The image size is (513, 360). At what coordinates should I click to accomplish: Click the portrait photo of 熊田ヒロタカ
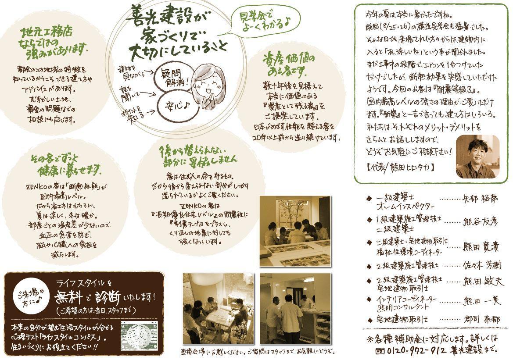477,157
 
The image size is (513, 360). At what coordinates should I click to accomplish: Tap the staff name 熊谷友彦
480,221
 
